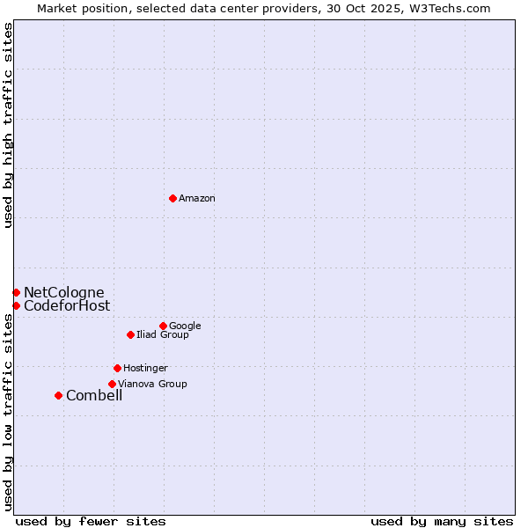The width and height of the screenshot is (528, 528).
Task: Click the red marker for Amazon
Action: click(172, 198)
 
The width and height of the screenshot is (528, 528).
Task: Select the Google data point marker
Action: click(163, 326)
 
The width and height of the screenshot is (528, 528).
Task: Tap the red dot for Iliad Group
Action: click(130, 334)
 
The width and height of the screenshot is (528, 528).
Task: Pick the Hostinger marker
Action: click(117, 368)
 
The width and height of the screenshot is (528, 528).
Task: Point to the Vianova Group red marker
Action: click(112, 384)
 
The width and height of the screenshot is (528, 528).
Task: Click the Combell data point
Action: click(58, 395)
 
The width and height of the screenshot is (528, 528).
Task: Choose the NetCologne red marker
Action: click(16, 292)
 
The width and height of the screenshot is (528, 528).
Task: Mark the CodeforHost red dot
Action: click(16, 305)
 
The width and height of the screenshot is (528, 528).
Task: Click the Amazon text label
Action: click(197, 199)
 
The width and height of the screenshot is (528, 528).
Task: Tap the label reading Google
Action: click(185, 326)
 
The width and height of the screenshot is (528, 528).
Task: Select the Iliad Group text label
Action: click(163, 334)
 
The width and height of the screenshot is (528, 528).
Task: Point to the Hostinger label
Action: click(145, 368)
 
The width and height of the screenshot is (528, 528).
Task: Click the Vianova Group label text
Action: click(152, 384)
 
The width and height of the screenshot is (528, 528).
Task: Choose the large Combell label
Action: click(94, 395)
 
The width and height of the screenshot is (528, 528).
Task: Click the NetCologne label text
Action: click(63, 292)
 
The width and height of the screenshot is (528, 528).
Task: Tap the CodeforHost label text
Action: click(67, 305)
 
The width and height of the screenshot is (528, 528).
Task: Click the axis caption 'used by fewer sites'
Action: click(91, 521)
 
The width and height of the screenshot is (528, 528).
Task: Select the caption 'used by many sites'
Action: click(442, 521)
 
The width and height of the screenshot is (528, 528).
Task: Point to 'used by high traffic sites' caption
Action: click(8, 125)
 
